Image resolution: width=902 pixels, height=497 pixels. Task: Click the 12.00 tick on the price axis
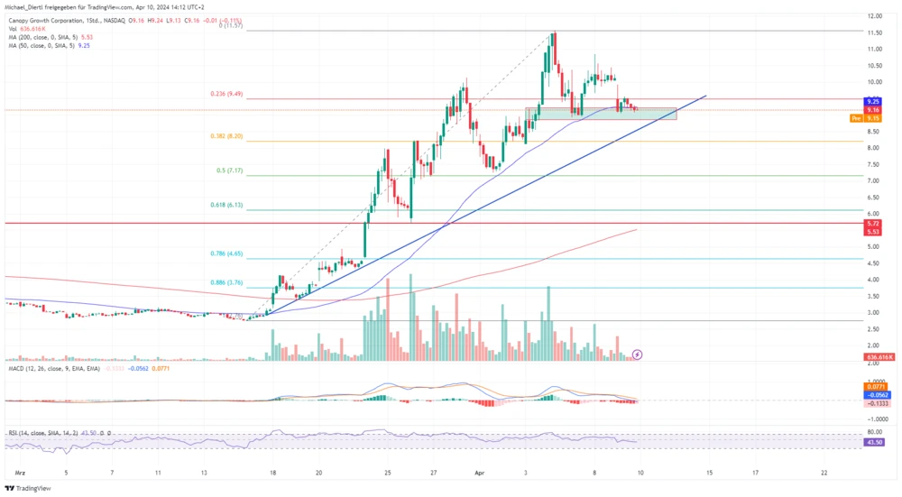(x=874, y=16)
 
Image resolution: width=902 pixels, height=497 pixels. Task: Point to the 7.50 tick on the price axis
(x=874, y=164)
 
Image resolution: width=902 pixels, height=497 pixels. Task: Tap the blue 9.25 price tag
(x=873, y=101)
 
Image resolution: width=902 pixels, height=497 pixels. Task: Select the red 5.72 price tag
(x=873, y=223)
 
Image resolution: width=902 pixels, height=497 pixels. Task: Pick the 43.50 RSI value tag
(x=873, y=442)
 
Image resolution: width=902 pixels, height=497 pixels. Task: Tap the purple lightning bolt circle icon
(x=638, y=355)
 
